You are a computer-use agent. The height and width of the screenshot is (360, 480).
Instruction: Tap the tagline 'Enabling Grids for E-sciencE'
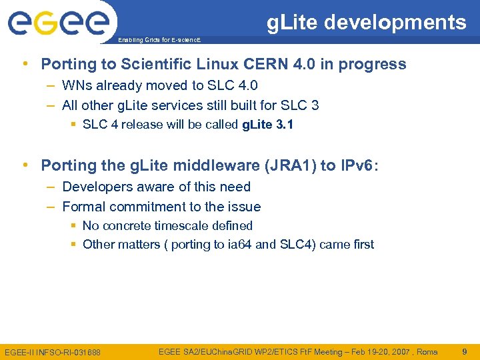pos(158,40)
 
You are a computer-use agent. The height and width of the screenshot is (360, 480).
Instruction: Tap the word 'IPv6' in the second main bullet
pos(358,165)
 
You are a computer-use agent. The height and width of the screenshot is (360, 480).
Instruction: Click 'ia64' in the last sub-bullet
pos(240,245)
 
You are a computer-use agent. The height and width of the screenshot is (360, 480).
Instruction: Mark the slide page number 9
pos(465,351)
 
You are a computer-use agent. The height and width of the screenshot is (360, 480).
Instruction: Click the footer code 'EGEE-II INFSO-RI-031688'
pos(52,352)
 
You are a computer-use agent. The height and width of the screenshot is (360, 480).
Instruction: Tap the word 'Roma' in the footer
pos(427,351)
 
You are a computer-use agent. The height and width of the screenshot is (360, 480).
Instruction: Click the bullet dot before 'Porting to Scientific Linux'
pos(25,65)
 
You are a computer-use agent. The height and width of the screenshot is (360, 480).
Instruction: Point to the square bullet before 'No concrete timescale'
pos(74,226)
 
